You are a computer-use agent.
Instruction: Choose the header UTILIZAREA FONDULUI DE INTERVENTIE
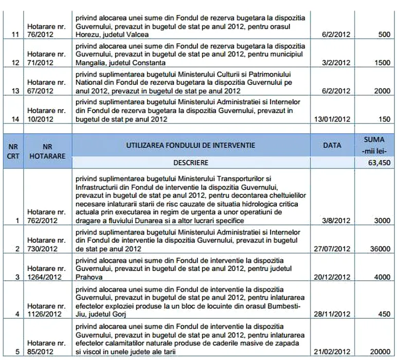pos(190,146)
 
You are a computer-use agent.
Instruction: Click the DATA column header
pos(332,146)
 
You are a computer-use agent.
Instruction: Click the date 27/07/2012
pos(335,248)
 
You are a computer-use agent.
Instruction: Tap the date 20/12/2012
pos(335,276)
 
